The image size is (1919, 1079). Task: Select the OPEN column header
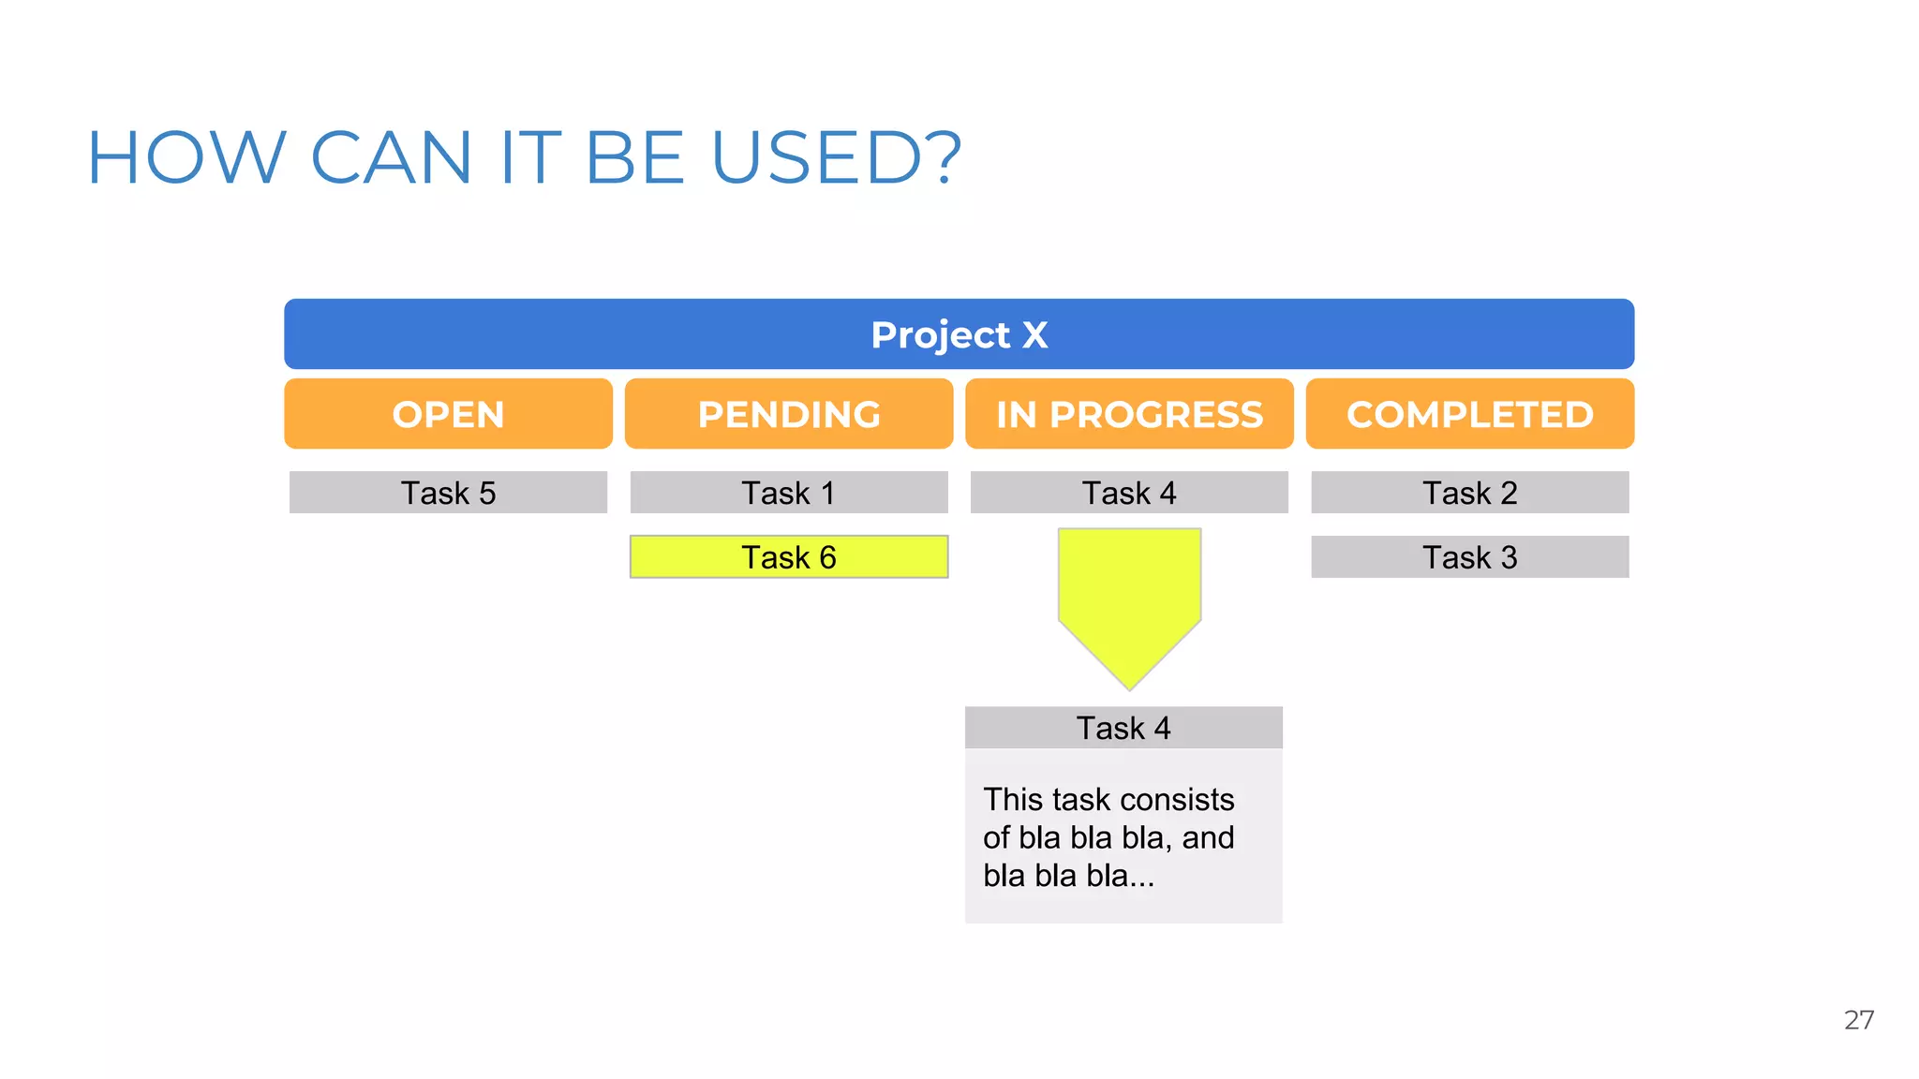448,414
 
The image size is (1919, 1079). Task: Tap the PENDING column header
789,414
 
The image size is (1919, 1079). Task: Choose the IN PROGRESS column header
1129,414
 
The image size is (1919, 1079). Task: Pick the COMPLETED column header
1469,414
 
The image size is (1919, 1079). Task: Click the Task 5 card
448,493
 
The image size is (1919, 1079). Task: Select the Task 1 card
789,493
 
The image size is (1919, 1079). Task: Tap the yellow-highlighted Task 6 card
789,557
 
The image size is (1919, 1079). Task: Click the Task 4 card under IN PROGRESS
1129,493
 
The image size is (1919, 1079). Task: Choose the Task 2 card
1469,493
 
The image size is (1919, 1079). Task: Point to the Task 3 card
1469,557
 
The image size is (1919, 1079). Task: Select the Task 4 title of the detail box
1123,728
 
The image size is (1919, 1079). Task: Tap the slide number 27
1859,1020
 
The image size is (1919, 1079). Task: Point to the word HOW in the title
186,157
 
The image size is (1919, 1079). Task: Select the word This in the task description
1013,800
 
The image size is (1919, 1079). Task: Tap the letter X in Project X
1034,334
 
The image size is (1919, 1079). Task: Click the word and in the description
1208,837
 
